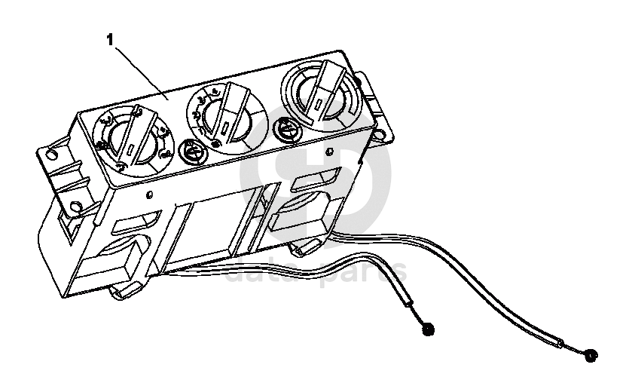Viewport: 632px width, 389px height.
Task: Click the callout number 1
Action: coord(110,39)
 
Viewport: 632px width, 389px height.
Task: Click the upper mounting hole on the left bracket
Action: coord(51,155)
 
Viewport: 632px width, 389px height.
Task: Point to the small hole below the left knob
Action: coord(150,194)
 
